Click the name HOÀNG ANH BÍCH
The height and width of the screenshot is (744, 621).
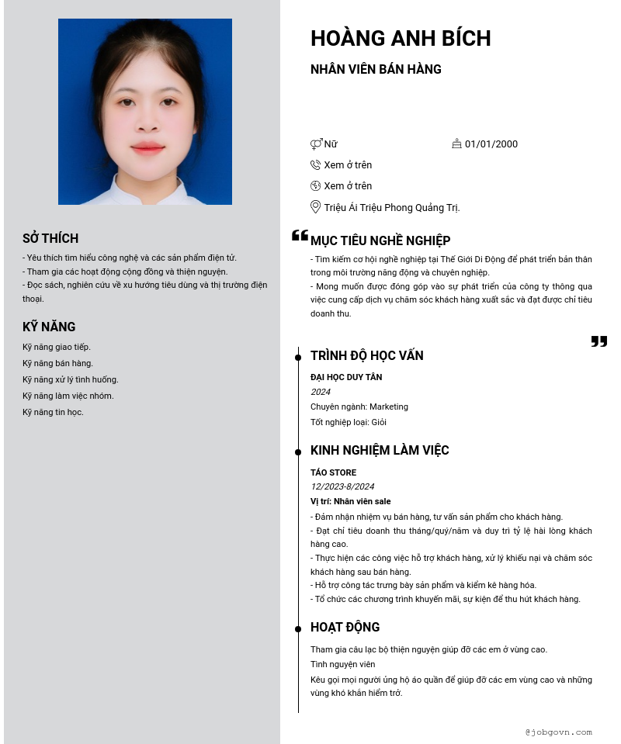pyautogui.click(x=401, y=38)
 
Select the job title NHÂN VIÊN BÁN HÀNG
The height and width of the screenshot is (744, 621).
pyautogui.click(x=376, y=69)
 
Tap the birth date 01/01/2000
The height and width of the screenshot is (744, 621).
pyautogui.click(x=491, y=144)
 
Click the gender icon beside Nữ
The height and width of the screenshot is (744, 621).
pyautogui.click(x=316, y=144)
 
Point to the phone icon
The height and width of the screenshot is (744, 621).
pyautogui.click(x=315, y=164)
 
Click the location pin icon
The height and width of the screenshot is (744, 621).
pyautogui.click(x=315, y=207)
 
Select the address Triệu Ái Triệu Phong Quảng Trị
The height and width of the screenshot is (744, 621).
pyautogui.click(x=392, y=208)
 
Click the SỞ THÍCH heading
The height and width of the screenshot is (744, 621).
pyautogui.click(x=50, y=238)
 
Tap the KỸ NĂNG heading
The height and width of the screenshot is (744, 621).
pyautogui.click(x=49, y=327)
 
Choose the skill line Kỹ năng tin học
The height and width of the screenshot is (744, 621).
pyautogui.click(x=53, y=412)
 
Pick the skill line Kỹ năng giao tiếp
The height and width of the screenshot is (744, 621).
pyautogui.click(x=57, y=347)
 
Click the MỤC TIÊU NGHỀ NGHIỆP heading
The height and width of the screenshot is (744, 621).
pyautogui.click(x=380, y=241)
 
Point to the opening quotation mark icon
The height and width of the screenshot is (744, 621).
pyautogui.click(x=300, y=236)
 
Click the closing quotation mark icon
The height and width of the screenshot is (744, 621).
pyautogui.click(x=599, y=341)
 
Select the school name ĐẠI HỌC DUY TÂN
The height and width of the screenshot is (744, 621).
pyautogui.click(x=346, y=377)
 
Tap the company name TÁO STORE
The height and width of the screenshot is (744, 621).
pyautogui.click(x=334, y=472)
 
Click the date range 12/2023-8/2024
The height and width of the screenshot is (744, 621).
pyautogui.click(x=342, y=486)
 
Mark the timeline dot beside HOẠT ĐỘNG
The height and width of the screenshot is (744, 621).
pyautogui.click(x=298, y=628)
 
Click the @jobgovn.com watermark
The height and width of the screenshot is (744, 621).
pyautogui.click(x=558, y=732)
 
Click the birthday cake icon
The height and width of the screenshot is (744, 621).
pyautogui.click(x=456, y=144)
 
